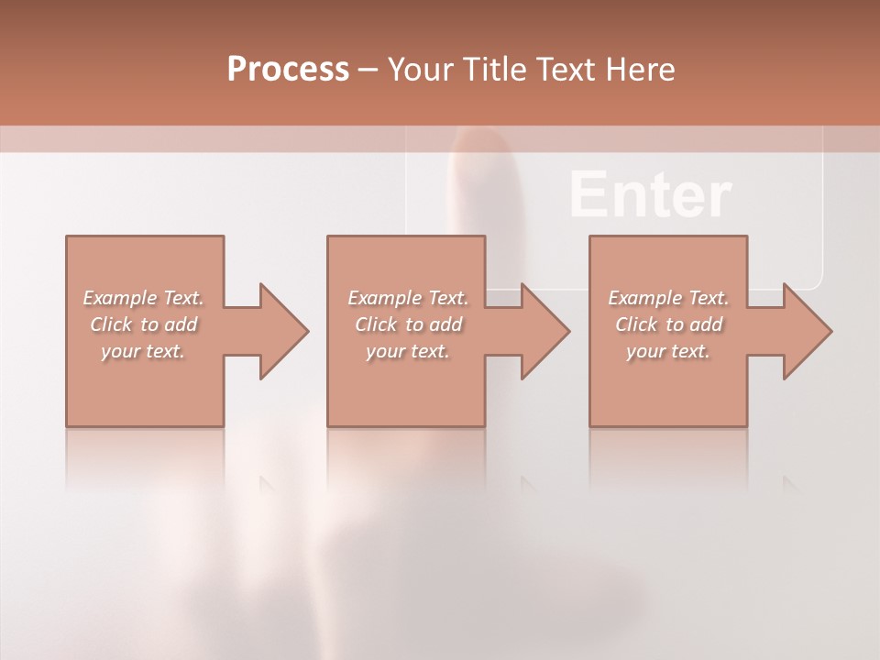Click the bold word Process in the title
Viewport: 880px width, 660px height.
pos(288,69)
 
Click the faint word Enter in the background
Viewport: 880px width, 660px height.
pos(650,195)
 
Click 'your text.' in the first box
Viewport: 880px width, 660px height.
pos(143,351)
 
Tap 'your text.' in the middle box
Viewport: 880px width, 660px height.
pos(407,351)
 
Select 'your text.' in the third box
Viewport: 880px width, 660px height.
pos(668,351)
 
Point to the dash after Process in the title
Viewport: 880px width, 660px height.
pos(368,70)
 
